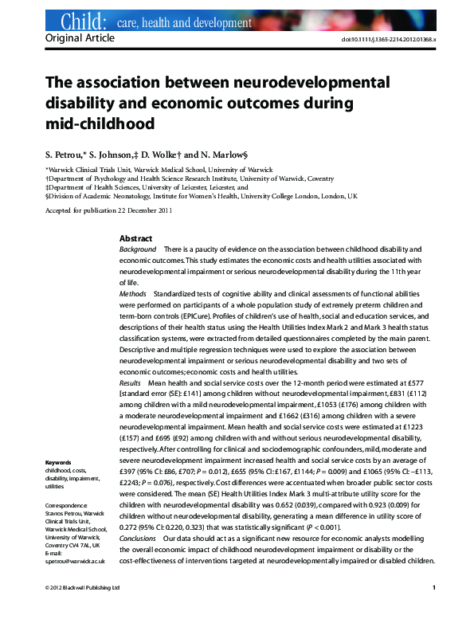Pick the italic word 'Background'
click(138, 250)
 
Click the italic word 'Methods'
click(132, 294)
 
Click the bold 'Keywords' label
click(59, 463)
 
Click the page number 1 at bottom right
click(433, 610)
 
